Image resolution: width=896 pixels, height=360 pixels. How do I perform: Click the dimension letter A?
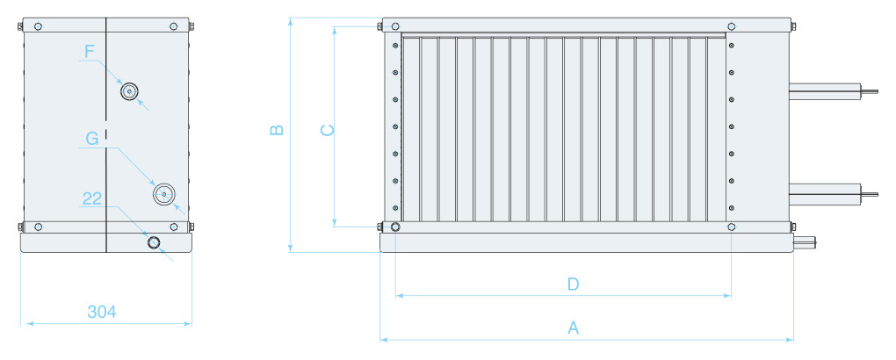[x=573, y=328]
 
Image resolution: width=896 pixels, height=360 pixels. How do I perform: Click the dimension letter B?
[x=277, y=130]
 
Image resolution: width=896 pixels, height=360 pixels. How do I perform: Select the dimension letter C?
[x=327, y=131]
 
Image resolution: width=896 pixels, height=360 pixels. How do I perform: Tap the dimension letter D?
[x=573, y=284]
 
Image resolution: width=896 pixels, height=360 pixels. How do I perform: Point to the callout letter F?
[x=89, y=52]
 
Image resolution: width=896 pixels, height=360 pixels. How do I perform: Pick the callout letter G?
[x=92, y=138]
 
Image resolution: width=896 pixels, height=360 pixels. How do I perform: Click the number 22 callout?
[x=92, y=198]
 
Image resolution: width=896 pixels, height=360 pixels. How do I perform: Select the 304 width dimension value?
[x=102, y=312]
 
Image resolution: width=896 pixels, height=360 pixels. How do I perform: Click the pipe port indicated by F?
[x=130, y=90]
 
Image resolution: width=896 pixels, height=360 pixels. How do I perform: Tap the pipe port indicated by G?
[x=164, y=194]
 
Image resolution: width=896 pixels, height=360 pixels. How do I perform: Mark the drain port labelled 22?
[x=155, y=243]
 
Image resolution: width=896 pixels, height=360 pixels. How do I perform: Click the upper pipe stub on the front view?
[x=833, y=91]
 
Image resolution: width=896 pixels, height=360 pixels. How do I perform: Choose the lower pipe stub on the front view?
[x=833, y=194]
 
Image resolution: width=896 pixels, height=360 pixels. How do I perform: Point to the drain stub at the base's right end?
[x=806, y=243]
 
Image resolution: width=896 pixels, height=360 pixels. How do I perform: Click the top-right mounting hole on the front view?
[x=732, y=26]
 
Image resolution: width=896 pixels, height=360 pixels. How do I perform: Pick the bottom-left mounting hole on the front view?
[x=395, y=227]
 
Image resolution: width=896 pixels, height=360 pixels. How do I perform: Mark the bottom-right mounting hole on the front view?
[x=732, y=227]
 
